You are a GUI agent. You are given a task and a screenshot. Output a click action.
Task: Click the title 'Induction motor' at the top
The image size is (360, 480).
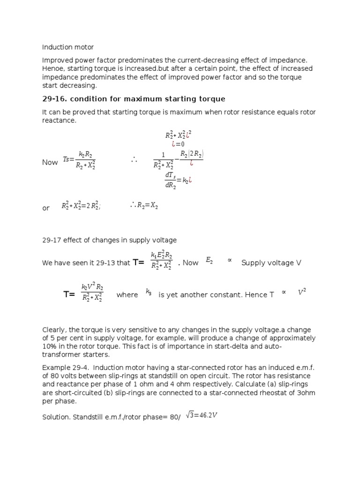pos(68,47)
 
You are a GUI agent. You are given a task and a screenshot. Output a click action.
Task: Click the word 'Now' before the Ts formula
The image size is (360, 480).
pos(50,162)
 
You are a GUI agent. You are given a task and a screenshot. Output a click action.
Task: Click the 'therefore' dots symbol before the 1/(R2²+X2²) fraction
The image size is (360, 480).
pos(134,160)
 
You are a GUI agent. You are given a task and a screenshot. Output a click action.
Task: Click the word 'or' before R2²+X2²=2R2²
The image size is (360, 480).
pos(46,208)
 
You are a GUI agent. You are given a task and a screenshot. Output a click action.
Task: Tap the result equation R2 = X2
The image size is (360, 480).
pos(144,205)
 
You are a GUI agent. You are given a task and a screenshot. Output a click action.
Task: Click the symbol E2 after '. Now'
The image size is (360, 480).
pos(209,262)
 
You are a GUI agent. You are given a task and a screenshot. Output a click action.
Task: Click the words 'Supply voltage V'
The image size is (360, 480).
pos(271,263)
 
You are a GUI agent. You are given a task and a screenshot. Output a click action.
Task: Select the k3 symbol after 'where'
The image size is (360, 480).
pos(149,292)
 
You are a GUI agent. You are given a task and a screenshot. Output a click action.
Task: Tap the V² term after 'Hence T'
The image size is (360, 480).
pos(302,292)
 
